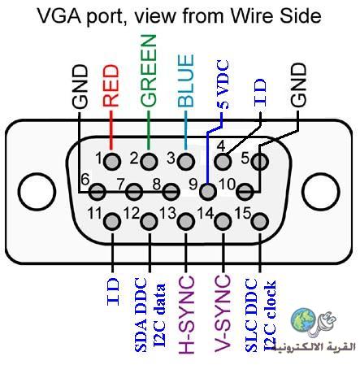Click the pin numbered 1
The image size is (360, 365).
tap(112, 162)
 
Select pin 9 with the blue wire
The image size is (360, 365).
tap(208, 191)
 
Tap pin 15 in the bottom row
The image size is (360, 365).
tap(260, 221)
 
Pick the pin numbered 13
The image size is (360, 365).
tap(186, 221)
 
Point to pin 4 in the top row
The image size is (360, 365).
tap(223, 162)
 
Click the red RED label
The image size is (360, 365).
tap(111, 85)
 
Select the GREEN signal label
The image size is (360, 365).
tap(149, 71)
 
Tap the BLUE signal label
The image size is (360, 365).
tap(186, 80)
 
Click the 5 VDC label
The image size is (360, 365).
tap(223, 85)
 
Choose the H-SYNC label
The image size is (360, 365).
tap(186, 315)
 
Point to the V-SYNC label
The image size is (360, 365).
tap(223, 313)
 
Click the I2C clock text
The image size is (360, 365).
tap(270, 316)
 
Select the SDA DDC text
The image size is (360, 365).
tap(141, 315)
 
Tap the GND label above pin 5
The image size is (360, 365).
tap(298, 85)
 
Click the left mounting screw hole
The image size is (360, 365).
tap(37, 192)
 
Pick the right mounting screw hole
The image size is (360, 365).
tap(321, 192)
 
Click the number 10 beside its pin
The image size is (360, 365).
tap(227, 185)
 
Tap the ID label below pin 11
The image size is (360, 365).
tap(113, 291)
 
